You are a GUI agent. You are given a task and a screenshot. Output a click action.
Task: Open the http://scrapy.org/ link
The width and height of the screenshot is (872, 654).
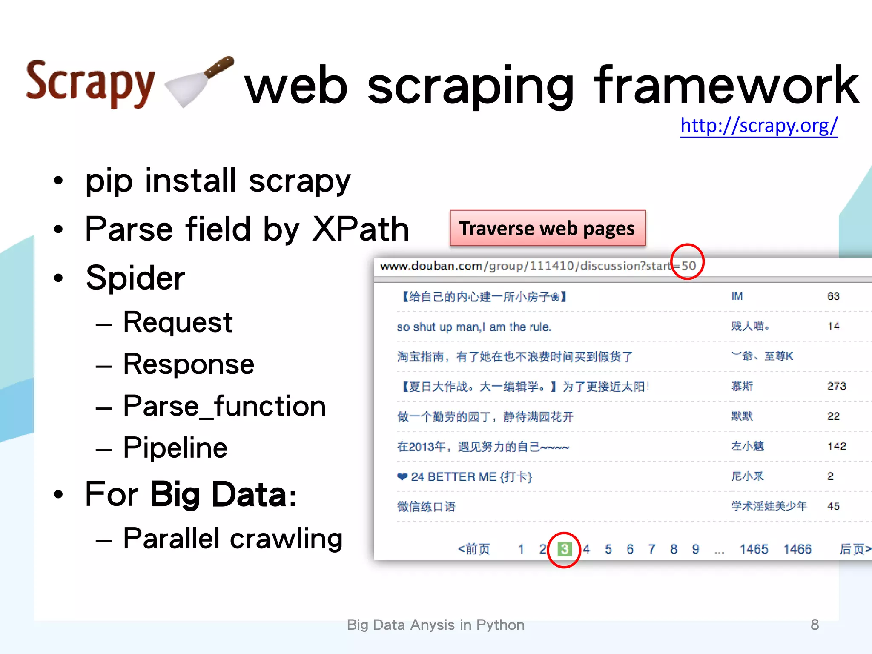759,126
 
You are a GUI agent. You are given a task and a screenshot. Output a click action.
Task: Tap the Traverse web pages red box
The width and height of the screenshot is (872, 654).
548,228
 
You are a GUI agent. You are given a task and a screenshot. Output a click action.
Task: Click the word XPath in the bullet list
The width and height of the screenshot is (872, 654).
360,229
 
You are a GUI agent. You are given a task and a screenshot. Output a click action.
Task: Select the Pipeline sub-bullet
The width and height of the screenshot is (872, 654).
175,448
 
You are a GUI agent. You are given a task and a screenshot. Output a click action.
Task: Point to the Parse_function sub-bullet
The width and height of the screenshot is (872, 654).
224,406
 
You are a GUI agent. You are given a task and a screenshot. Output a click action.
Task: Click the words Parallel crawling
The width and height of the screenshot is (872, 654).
232,539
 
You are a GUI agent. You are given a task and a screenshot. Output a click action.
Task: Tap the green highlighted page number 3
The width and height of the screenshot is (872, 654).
564,549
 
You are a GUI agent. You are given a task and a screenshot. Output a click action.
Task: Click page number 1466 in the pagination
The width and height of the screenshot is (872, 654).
797,549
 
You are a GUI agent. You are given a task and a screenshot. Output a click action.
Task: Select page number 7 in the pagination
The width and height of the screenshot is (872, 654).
651,549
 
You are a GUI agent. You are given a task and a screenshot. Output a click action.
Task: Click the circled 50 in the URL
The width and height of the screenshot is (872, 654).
688,266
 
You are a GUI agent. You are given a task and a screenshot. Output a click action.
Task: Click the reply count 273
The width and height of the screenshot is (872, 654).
836,386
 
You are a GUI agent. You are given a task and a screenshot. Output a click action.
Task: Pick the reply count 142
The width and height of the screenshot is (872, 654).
836,446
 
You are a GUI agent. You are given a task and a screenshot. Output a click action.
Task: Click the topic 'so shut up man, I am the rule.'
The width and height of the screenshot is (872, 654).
474,327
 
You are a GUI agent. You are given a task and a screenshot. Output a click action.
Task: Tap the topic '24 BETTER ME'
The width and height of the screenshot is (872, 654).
471,476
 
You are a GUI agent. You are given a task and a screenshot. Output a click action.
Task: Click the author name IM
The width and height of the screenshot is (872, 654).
737,296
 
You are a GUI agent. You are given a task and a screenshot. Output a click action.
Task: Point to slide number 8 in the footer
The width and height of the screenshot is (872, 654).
815,625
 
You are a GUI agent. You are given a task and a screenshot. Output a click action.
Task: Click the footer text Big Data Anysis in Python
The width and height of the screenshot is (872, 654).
436,625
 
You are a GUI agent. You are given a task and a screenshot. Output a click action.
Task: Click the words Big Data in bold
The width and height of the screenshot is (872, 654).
223,494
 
